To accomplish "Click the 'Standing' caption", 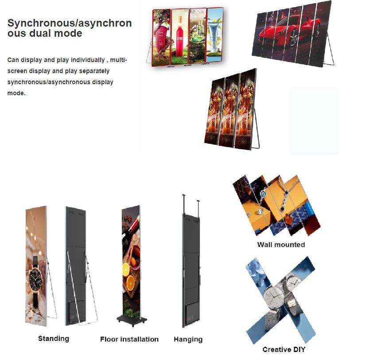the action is [x=54, y=339].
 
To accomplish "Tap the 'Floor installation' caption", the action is [x=129, y=339].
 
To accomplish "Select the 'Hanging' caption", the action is [x=188, y=339].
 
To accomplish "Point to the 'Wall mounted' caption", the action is [x=281, y=244].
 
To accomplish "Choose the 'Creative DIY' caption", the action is [x=284, y=349].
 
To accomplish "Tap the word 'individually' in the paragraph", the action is [x=88, y=60].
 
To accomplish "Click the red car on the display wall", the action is [x=289, y=32].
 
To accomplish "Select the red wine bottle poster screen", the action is [x=180, y=37].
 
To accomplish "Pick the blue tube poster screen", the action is [x=214, y=35].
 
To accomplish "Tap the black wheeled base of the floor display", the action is [x=132, y=320].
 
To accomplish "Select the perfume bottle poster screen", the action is [x=198, y=36].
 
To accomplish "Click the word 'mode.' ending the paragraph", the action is [x=16, y=93].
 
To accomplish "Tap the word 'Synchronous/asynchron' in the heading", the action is [x=70, y=23].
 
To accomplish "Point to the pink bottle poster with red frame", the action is [x=162, y=38].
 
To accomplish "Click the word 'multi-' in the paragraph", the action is [x=118, y=60].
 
